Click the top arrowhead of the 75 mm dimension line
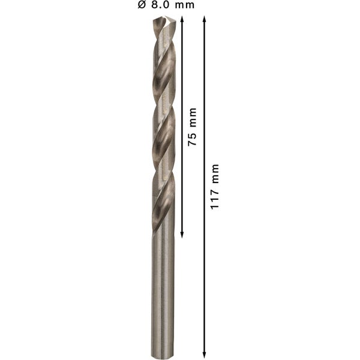coord(181,20)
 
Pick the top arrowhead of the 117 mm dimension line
coord(205,20)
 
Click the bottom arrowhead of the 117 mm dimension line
coord(205,353)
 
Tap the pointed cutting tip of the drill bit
coord(164,18)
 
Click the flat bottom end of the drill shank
coord(162,356)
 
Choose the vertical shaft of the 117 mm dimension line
coord(205,270)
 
